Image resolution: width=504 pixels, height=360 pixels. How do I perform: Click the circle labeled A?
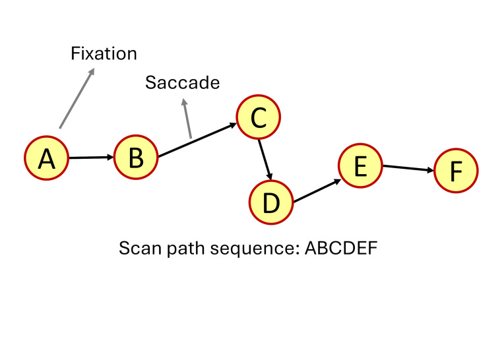coord(47,158)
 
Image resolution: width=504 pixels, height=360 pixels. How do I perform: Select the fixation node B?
coord(136,158)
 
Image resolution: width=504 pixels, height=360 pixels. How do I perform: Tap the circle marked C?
coord(258,117)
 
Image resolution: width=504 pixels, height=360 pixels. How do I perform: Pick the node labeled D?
coord(271,202)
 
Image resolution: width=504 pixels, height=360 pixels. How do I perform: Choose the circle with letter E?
coord(360,166)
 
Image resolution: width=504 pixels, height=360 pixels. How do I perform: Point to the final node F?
coord(456,171)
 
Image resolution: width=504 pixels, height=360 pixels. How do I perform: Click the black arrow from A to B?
coord(91,158)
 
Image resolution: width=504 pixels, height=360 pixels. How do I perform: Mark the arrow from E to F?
coord(408,168)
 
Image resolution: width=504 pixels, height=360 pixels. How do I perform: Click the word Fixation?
coord(104,53)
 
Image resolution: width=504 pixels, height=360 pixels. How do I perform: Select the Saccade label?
coord(182,83)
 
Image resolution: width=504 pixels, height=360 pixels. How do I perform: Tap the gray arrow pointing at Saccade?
coord(187,119)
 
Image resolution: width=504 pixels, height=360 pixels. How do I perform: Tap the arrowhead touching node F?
coord(430,170)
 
